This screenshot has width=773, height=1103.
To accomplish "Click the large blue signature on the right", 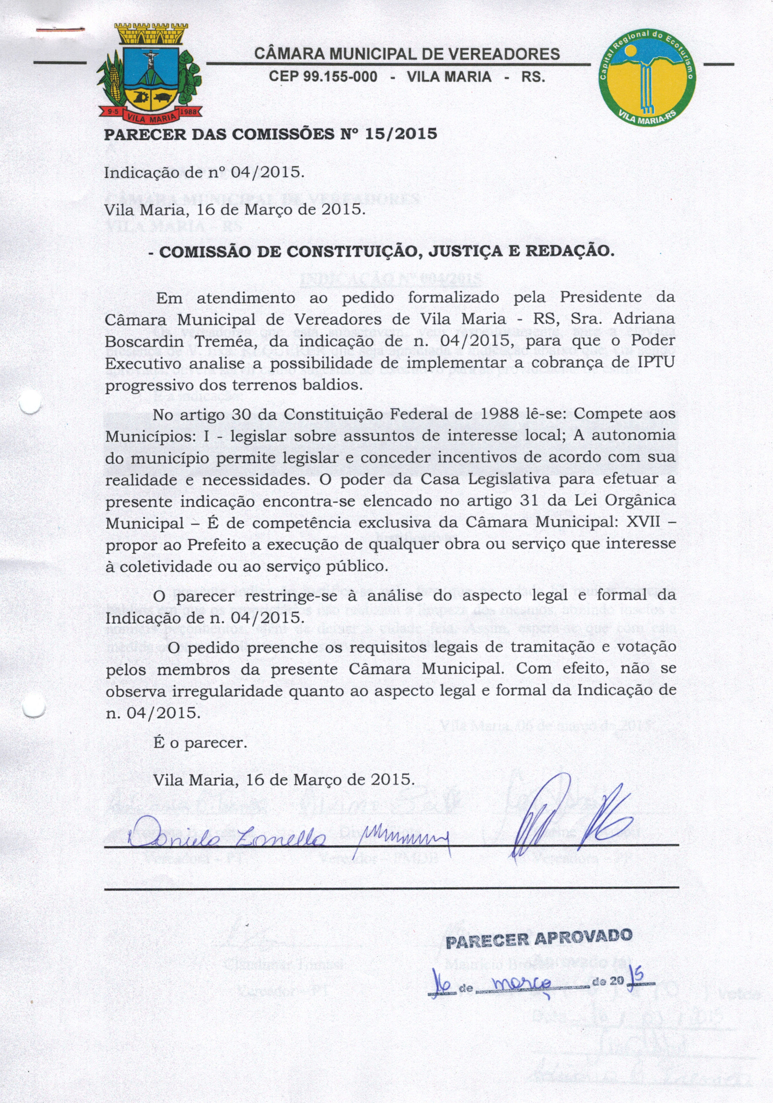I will pos(567,820).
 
